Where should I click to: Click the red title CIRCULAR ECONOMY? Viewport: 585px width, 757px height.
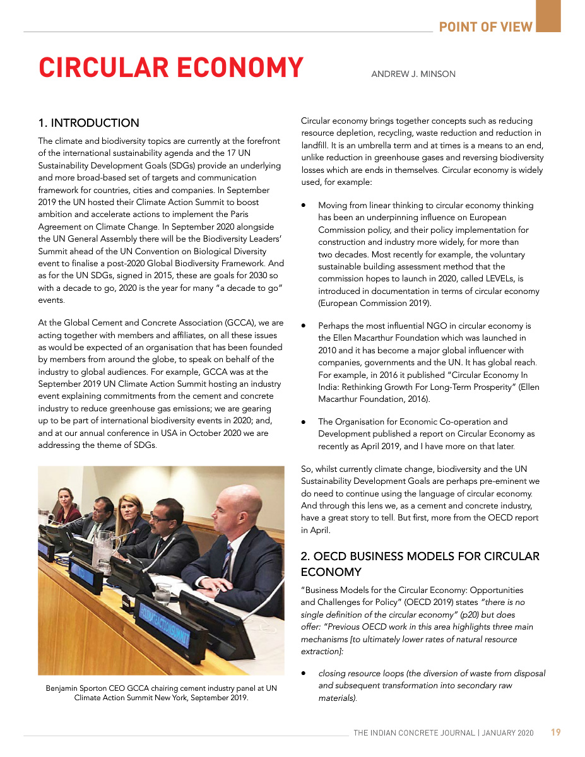[171, 68]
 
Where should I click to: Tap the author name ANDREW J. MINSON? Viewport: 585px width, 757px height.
[413, 74]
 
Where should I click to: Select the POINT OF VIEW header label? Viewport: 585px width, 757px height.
[486, 26]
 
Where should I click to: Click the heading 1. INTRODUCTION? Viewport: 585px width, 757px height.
[89, 123]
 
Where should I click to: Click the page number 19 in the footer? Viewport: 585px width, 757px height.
[555, 732]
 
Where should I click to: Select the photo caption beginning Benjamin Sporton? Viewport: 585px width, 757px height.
[161, 693]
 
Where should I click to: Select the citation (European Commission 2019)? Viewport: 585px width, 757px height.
[375, 303]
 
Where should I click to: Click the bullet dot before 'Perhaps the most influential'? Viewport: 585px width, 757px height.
[304, 326]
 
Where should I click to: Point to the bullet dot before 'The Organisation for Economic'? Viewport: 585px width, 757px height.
[304, 422]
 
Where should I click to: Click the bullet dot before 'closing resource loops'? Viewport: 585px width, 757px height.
[304, 674]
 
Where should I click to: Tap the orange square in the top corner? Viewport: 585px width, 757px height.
[548, 16]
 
